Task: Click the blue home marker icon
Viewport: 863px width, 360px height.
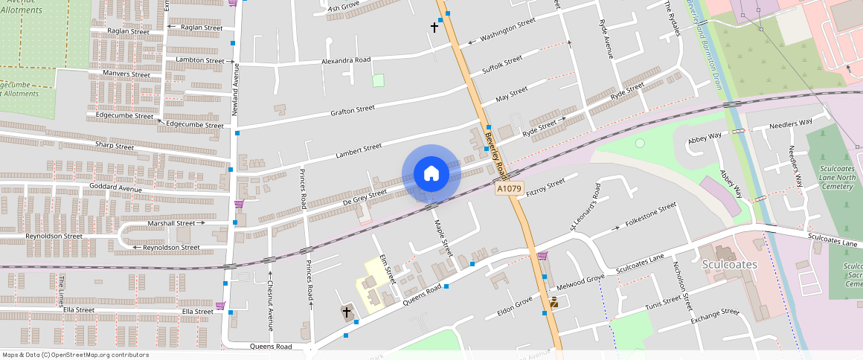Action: click(x=431, y=174)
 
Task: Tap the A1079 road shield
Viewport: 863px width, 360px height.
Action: click(x=510, y=189)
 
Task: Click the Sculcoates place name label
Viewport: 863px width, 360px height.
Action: click(x=729, y=265)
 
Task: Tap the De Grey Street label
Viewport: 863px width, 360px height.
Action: click(x=365, y=196)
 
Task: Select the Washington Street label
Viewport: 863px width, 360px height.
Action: click(x=507, y=30)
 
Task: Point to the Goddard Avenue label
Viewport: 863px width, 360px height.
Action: click(x=115, y=189)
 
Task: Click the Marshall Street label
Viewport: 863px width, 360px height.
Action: click(x=176, y=222)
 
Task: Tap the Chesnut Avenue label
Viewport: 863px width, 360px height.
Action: click(x=270, y=303)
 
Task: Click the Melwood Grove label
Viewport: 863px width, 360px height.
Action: click(x=580, y=280)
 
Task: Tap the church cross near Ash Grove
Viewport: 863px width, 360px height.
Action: click(x=435, y=28)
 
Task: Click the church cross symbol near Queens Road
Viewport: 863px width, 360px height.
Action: click(x=347, y=313)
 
